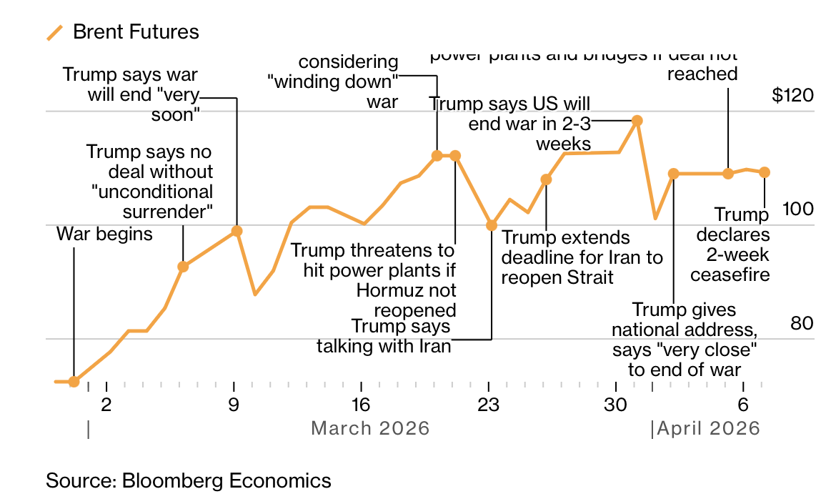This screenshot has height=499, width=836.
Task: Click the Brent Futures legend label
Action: (x=136, y=32)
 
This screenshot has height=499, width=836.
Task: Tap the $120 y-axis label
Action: (x=792, y=95)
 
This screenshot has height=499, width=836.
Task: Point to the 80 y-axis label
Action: (x=802, y=323)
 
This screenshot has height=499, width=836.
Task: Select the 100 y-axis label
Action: (x=798, y=209)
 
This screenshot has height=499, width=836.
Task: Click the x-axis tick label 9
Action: (x=234, y=405)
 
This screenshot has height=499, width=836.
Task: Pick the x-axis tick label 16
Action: (x=361, y=405)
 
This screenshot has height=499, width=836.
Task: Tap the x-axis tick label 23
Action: (x=488, y=405)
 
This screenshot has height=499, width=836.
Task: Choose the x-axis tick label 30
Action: (x=615, y=405)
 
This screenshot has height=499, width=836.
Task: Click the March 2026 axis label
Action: (x=370, y=428)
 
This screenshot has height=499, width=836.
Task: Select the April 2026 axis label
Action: (x=708, y=428)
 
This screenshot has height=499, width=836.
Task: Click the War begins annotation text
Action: (x=104, y=234)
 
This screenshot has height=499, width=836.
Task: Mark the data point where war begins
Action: (x=74, y=381)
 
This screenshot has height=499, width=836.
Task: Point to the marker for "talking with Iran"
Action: (x=492, y=225)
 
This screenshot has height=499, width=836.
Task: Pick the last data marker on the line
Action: (x=765, y=172)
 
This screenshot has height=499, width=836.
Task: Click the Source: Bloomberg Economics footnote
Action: (x=189, y=480)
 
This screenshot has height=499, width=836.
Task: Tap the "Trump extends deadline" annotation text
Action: (x=582, y=257)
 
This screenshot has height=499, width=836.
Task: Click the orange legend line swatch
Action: (x=55, y=32)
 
